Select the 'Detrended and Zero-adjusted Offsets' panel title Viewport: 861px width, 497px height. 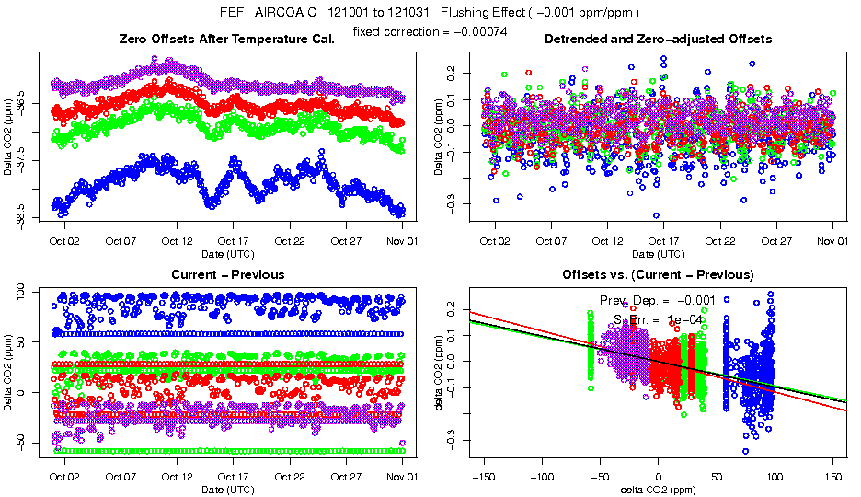pos(658,40)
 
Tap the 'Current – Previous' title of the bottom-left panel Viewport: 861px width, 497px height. pos(228,275)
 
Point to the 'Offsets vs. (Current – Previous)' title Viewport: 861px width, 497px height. pos(658,275)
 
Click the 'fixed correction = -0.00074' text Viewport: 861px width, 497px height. pos(430,32)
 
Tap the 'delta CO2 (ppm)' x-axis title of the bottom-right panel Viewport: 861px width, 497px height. pos(658,489)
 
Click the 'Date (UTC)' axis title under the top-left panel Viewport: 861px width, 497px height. pos(228,253)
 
